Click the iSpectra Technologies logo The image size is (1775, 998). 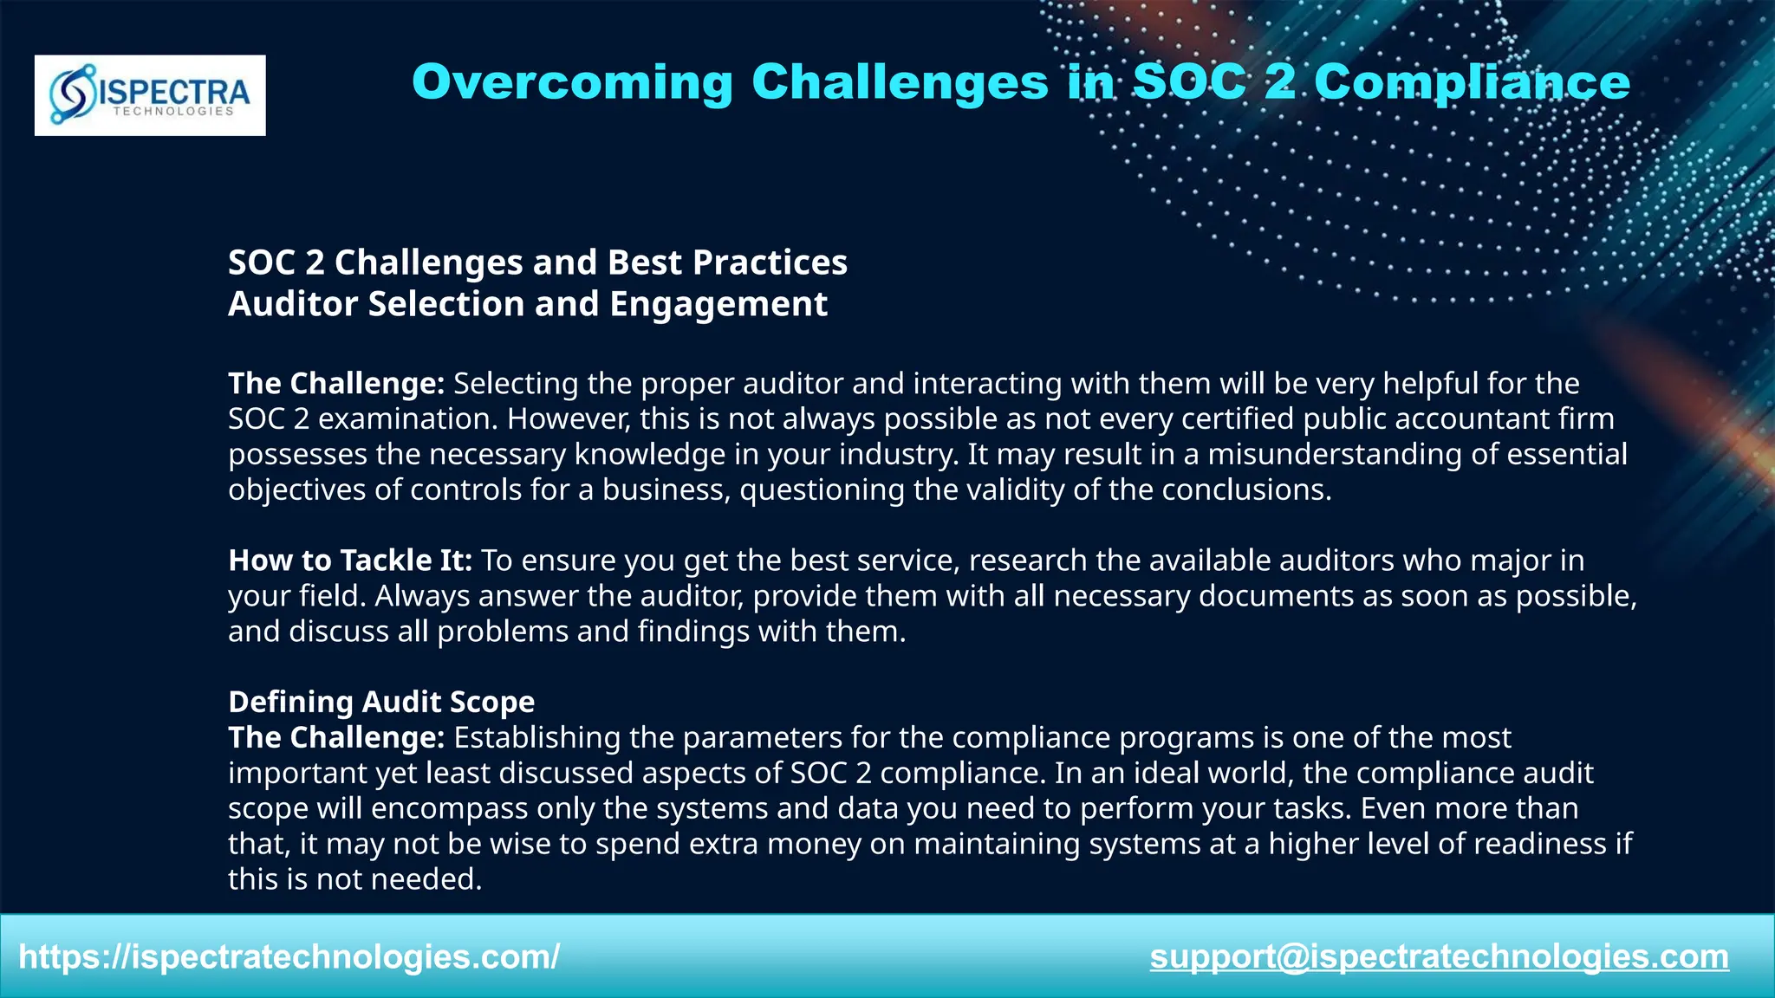[150, 94]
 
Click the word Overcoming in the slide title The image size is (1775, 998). [572, 82]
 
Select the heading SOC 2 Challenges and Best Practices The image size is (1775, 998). [537, 262]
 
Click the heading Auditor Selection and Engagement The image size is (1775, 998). [528, 304]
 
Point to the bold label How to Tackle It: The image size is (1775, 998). [350, 561]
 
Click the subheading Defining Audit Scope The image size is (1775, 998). [381, 702]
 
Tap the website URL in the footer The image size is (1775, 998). [289, 956]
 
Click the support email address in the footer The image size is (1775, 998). [1439, 956]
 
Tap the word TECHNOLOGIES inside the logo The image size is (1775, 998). [173, 112]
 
